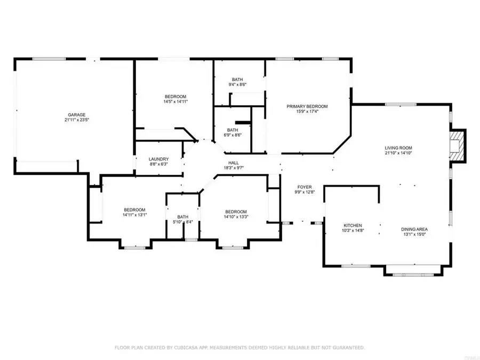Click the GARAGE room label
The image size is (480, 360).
[76, 115]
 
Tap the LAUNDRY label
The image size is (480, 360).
[158, 159]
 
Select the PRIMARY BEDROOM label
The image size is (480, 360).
[307, 107]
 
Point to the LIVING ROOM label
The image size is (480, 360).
[398, 148]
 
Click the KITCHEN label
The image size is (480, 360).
[353, 225]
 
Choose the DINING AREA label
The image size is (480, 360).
[414, 229]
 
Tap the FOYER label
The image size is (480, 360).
[305, 187]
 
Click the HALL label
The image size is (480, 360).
[234, 163]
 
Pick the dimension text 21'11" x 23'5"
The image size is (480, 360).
[76, 120]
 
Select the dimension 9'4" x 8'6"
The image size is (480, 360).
[237, 84]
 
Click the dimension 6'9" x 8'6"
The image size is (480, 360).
[233, 135]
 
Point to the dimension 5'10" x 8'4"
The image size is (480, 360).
[183, 222]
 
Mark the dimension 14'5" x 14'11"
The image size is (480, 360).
[175, 102]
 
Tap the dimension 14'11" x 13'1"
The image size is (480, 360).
[135, 215]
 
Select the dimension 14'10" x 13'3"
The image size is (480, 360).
[236, 217]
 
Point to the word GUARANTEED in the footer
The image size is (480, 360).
[349, 347]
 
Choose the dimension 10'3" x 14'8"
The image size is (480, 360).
[353, 230]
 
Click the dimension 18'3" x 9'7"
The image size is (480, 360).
[234, 168]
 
